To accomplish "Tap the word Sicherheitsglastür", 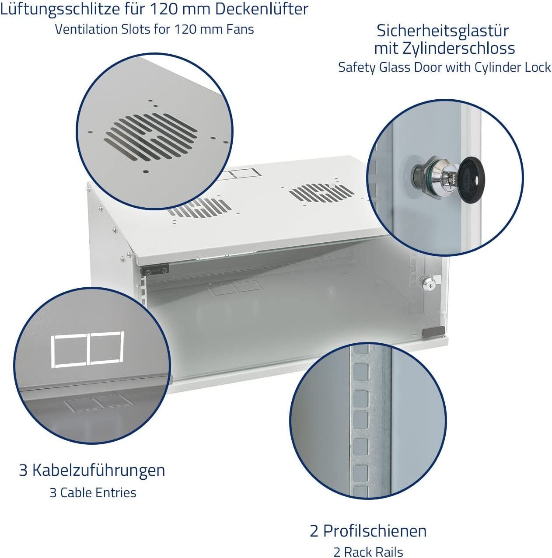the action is [443, 31].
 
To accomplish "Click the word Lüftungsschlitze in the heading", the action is [59, 9].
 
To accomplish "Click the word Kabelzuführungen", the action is [98, 470].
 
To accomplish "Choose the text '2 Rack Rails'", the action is [368, 551].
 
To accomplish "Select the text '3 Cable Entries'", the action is [93, 492].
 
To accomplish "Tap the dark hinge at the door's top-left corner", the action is [155, 270].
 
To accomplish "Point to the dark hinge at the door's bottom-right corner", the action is [433, 332].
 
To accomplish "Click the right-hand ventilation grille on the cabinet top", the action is [321, 192].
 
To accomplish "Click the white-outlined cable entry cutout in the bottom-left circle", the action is [87, 349].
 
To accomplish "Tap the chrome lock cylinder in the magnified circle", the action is [435, 177].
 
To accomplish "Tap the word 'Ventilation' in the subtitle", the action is [86, 29].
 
